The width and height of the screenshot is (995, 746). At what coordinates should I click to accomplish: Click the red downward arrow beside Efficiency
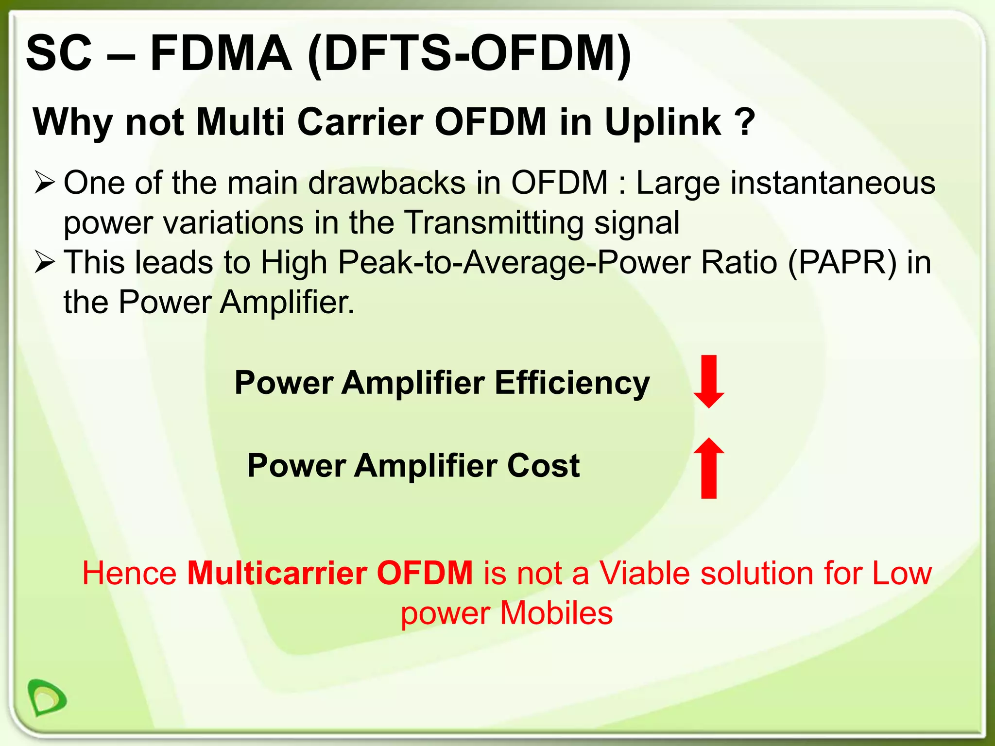coord(709,381)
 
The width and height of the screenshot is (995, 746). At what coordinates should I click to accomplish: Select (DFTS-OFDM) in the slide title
coord(469,54)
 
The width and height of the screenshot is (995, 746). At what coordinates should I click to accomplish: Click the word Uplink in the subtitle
coord(663,122)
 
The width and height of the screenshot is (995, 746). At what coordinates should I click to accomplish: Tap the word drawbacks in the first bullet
coord(387,183)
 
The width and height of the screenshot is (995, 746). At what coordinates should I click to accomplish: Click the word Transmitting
coord(494,223)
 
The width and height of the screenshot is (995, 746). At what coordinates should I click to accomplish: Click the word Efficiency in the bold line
coord(572,383)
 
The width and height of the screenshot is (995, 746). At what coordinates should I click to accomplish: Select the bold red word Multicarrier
coord(277,573)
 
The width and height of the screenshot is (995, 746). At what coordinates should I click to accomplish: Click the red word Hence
coord(129,573)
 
